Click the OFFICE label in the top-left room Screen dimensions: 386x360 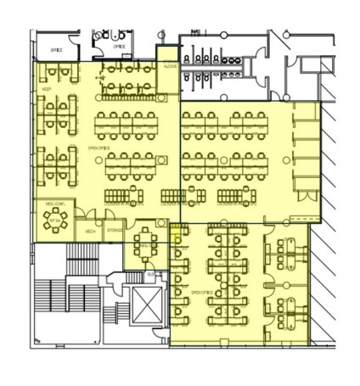point(57,50)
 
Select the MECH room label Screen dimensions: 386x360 point(90,230)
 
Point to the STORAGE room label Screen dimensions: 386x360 point(114,230)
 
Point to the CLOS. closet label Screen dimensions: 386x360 point(151,274)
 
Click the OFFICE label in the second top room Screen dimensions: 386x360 point(119,47)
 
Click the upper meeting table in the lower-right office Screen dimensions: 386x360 point(285,249)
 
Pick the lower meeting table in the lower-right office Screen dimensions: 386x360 point(285,310)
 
